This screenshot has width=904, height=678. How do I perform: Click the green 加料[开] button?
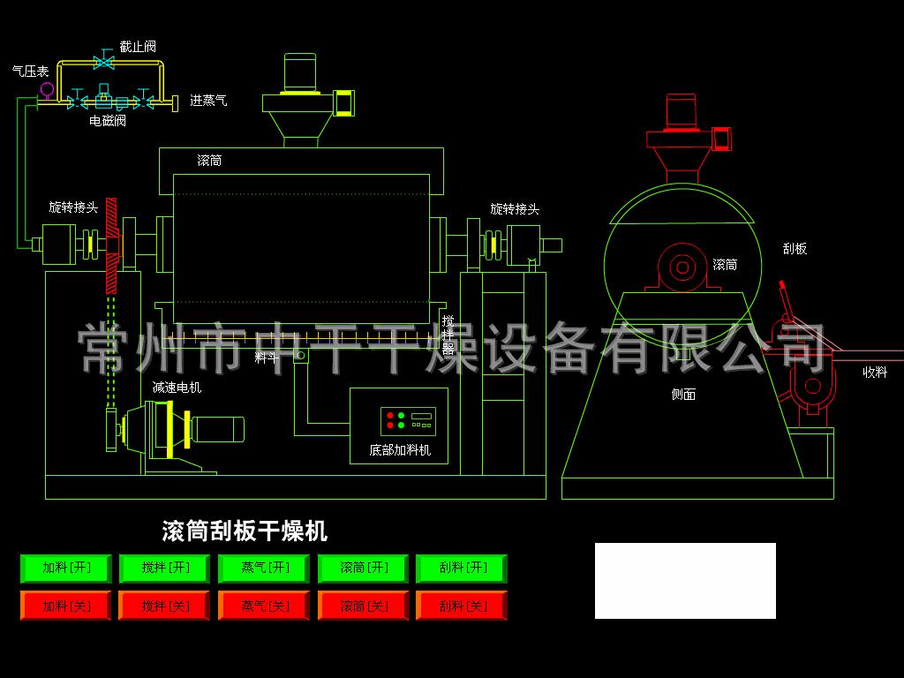(65, 569)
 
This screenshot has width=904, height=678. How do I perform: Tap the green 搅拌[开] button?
(165, 569)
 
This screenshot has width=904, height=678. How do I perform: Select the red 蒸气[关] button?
(264, 606)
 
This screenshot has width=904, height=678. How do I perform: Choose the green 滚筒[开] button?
(363, 569)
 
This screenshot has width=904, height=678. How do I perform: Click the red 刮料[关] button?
(462, 606)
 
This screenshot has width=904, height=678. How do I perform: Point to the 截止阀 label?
(138, 47)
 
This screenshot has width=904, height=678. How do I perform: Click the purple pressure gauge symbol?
(47, 89)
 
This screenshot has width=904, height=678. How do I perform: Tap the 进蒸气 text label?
(208, 101)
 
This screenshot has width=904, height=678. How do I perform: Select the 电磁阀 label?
(108, 120)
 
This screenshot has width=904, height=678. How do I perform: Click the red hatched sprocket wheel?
(111, 245)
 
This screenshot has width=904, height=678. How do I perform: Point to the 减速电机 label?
(177, 388)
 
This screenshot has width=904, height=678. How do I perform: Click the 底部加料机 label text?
(400, 449)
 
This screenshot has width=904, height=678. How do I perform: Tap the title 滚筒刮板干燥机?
(245, 531)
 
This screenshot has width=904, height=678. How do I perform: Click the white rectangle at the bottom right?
(685, 581)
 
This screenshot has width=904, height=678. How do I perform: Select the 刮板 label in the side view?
(795, 248)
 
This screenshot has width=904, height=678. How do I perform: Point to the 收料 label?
(875, 373)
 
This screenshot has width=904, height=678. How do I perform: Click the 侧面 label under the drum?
(683, 395)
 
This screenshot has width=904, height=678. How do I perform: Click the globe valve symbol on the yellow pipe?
(104, 61)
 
